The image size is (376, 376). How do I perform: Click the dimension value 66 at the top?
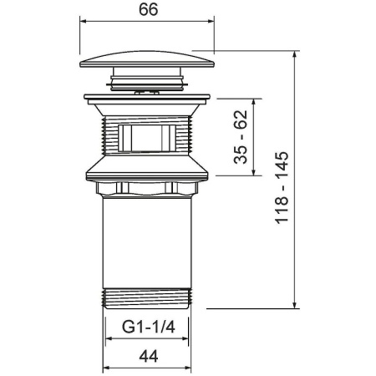pyautogui.click(x=149, y=9)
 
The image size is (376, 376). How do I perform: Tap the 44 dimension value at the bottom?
pyautogui.click(x=149, y=356)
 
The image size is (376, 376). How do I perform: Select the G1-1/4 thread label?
pyautogui.click(x=149, y=327)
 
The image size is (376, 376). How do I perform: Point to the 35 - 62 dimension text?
pyautogui.click(x=241, y=137)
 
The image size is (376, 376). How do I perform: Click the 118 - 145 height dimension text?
pyautogui.click(x=282, y=187)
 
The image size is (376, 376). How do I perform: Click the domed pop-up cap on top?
pyautogui.click(x=147, y=59)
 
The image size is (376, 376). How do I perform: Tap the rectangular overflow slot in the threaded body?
pyautogui.click(x=147, y=138)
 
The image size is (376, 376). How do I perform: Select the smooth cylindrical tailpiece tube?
pyautogui.click(x=147, y=243)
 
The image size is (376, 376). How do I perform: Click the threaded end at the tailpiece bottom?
pyautogui.click(x=147, y=298)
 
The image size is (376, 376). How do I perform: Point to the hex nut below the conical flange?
pyautogui.click(x=147, y=189)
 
